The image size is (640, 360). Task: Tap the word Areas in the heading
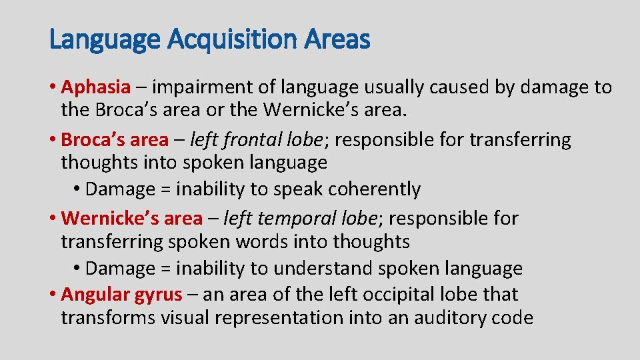click(337, 41)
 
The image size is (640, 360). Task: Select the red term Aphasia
click(95, 87)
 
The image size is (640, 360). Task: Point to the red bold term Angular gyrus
click(121, 294)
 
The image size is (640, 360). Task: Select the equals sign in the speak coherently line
click(165, 190)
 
